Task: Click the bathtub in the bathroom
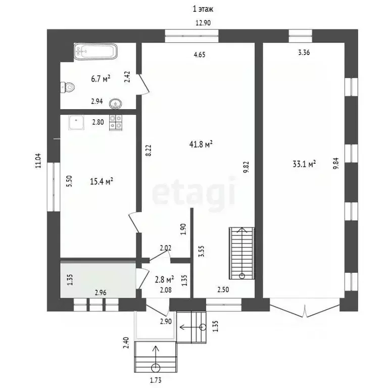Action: pyautogui.click(x=95, y=52)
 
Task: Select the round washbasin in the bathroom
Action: pyautogui.click(x=115, y=104)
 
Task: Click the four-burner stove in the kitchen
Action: pyautogui.click(x=116, y=122)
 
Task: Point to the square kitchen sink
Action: pyautogui.click(x=76, y=122)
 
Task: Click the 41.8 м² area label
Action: pyautogui.click(x=201, y=144)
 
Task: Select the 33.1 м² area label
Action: pyautogui.click(x=304, y=164)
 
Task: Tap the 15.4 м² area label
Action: pyautogui.click(x=102, y=181)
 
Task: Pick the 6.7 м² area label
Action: pyautogui.click(x=101, y=79)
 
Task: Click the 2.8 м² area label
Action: pyautogui.click(x=164, y=279)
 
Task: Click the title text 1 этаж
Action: pyautogui.click(x=203, y=9)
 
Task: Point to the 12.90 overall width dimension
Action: pyautogui.click(x=203, y=23)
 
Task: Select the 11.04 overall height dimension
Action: pyautogui.click(x=38, y=161)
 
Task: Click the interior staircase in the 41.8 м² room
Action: pyautogui.click(x=242, y=253)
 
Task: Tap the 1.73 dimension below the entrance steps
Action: pyautogui.click(x=156, y=380)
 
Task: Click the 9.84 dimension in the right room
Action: pyautogui.click(x=336, y=164)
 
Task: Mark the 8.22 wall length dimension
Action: pyautogui.click(x=148, y=150)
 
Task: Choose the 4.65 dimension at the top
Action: pyautogui.click(x=200, y=55)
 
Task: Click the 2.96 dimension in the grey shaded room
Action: pyautogui.click(x=101, y=293)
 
